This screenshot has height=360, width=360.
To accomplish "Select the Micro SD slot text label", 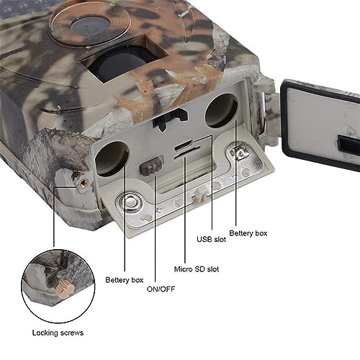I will pyautogui.click(x=192, y=269).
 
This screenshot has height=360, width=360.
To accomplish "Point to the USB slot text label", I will pyautogui.click(x=210, y=239).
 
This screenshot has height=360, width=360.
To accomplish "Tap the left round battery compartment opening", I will pyautogui.click(x=113, y=157).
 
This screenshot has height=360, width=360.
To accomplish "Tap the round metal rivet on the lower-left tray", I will pyautogui.click(x=131, y=202).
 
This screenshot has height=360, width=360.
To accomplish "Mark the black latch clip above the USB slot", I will pyautogui.click(x=168, y=119).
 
